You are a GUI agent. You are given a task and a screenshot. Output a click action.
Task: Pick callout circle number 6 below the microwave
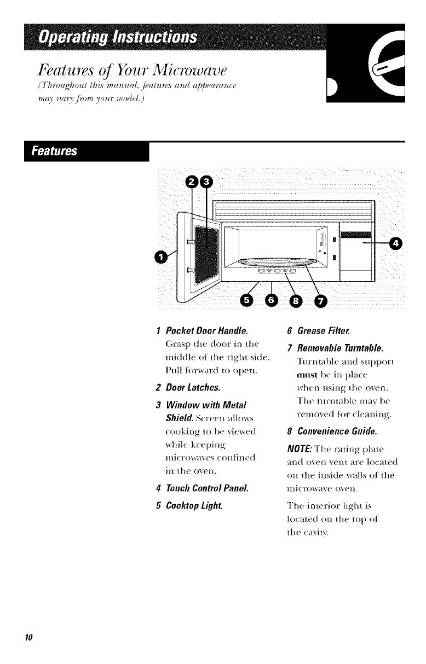(x=272, y=300)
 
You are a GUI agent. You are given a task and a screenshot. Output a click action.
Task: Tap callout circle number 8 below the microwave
(x=296, y=300)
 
